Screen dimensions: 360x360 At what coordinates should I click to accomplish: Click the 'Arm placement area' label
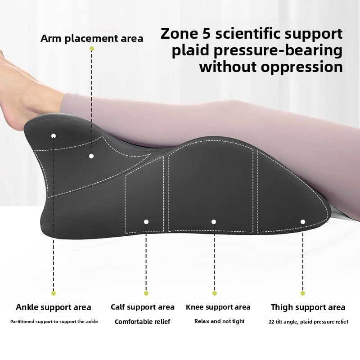point(92,38)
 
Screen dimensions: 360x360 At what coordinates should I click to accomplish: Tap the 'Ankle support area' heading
point(54,308)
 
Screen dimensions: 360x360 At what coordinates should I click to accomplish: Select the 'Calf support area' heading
point(143,307)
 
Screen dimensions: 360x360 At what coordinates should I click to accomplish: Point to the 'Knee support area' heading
point(218,307)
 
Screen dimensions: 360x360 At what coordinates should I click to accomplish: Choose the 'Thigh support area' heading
point(308,308)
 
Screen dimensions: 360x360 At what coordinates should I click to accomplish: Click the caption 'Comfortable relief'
point(143,322)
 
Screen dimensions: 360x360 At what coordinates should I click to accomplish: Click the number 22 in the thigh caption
point(272,322)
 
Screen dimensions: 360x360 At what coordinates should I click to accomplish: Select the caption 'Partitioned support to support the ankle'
point(54,322)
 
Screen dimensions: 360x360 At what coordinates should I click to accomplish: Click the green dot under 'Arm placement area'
point(92,48)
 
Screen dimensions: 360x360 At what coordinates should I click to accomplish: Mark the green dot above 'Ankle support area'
point(54,293)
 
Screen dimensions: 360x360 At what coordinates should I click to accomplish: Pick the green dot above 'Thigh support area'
point(303,293)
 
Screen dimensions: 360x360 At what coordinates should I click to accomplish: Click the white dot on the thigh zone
point(303,222)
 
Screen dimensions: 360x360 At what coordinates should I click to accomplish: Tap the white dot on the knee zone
point(214,222)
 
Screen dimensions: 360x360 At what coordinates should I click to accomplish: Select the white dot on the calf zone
point(146,222)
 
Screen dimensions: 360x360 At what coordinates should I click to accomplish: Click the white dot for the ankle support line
point(54,135)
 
